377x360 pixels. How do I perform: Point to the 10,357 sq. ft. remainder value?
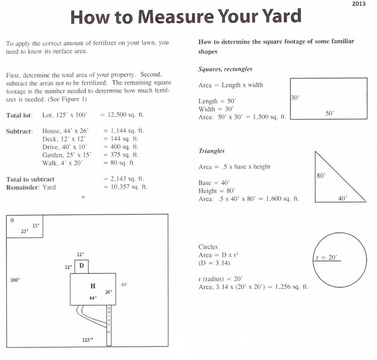click(x=126, y=187)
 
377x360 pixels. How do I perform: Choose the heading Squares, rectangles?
click(x=225, y=69)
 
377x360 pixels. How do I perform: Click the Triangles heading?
click(x=211, y=151)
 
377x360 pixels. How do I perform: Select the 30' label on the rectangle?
click(x=295, y=98)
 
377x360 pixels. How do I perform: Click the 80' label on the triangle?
click(x=321, y=175)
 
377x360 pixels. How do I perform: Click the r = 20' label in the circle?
click(x=326, y=258)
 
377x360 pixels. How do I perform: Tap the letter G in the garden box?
click(x=12, y=220)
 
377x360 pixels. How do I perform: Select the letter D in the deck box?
click(x=82, y=266)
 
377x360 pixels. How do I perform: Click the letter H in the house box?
click(x=92, y=286)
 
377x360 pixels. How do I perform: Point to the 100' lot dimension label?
click(x=15, y=280)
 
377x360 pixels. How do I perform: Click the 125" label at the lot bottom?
click(x=88, y=340)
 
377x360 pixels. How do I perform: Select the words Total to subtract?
click(x=30, y=179)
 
